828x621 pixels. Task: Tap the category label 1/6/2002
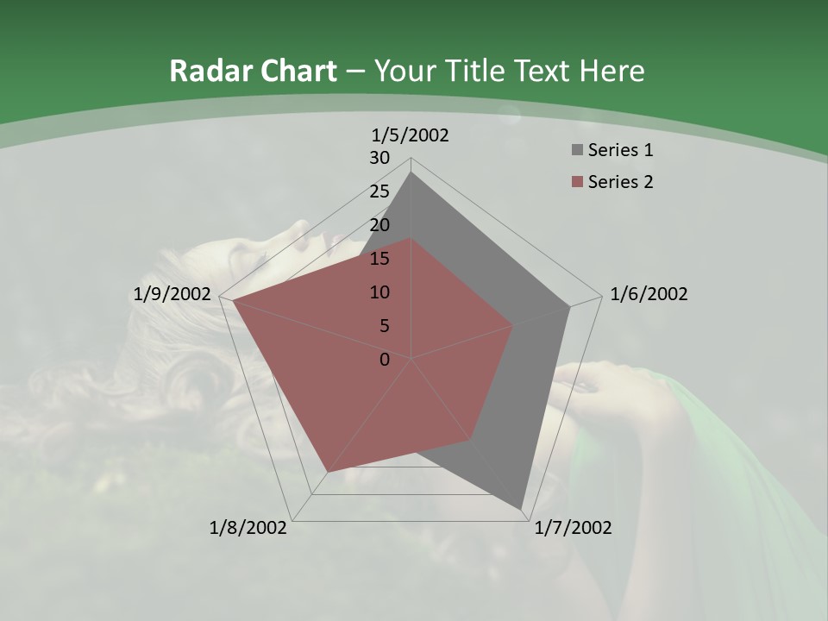coord(649,294)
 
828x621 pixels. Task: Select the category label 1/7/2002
coord(573,528)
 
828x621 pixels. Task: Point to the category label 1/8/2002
coord(248,528)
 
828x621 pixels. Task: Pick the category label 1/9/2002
coord(172,294)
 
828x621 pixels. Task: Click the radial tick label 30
coord(379,158)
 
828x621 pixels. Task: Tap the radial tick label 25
coord(379,191)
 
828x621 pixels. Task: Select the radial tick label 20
coord(379,225)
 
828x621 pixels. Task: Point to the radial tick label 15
coord(379,259)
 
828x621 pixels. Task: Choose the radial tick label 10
coord(379,292)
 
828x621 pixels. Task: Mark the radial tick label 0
coord(385,360)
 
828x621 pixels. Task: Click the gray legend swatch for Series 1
coord(575,151)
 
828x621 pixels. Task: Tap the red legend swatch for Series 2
coord(575,182)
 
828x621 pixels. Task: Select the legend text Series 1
coord(620,150)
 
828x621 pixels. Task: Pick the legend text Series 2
coord(620,182)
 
